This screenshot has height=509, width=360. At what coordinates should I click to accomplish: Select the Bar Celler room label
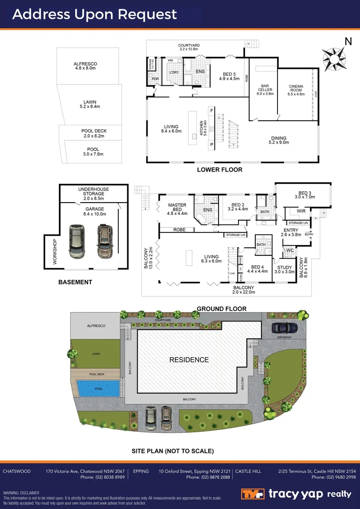click(x=265, y=90)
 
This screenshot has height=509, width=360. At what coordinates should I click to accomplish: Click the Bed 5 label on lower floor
click(x=229, y=76)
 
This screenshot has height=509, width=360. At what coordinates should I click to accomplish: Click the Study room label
click(x=284, y=269)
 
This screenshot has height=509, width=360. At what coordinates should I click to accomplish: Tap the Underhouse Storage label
click(x=93, y=192)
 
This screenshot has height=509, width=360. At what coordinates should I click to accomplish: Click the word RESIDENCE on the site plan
click(x=189, y=360)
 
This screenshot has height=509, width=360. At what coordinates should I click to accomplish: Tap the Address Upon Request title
click(x=95, y=14)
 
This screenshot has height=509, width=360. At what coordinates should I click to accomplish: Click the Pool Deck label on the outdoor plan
click(x=94, y=133)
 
